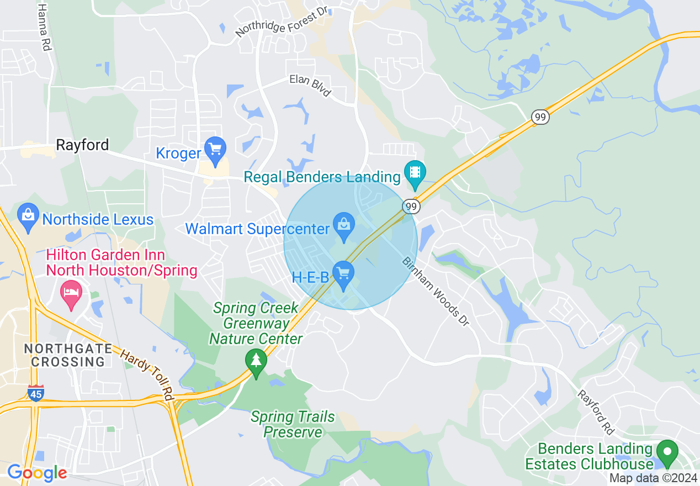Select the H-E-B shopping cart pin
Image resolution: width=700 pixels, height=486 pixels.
pos(343,273)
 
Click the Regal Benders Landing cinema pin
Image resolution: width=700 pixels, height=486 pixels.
pos(414,172)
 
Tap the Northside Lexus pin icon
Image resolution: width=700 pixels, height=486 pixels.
pos(27,215)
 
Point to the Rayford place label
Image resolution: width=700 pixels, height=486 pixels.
pos(83,145)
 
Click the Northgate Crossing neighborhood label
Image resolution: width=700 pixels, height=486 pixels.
pos(65,355)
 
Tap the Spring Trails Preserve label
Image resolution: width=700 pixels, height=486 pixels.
pos(293,424)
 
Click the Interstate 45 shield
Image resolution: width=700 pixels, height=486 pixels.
pos(35,393)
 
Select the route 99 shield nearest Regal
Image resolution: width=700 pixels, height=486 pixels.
pos(411,206)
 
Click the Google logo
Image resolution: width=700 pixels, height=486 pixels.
pos(37,473)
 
